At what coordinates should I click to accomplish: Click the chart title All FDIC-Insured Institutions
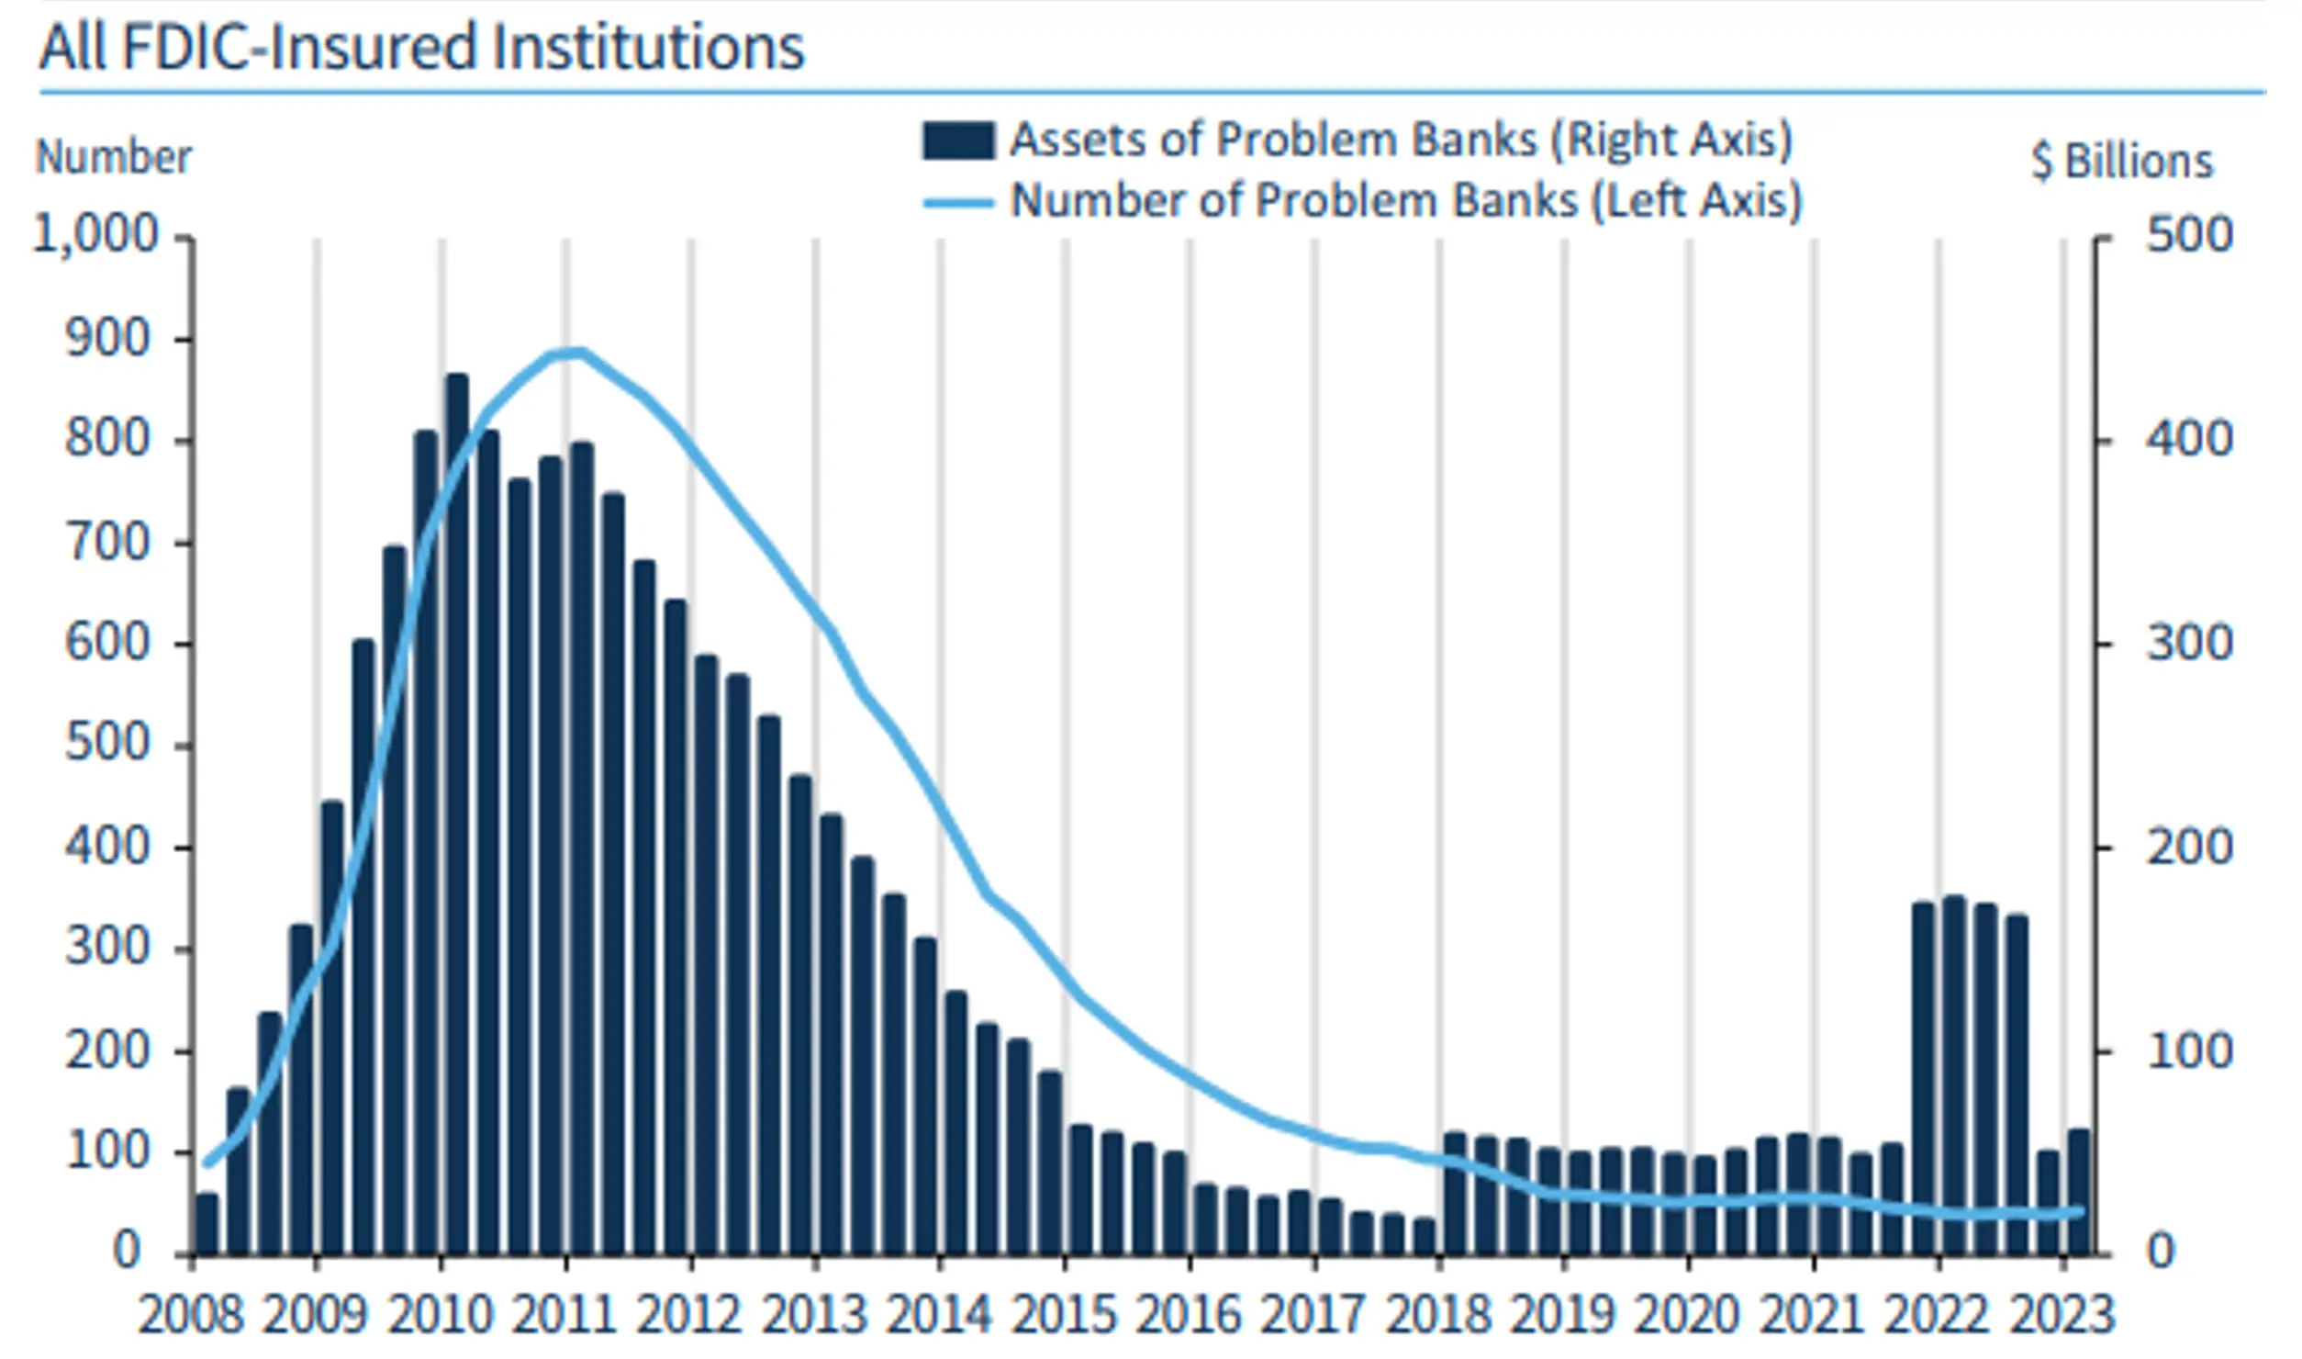click(421, 48)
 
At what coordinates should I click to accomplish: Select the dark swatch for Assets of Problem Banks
click(958, 141)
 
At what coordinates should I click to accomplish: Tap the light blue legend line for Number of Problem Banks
click(958, 202)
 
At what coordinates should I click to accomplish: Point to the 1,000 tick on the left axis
click(96, 236)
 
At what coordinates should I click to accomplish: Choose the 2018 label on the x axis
click(1438, 1316)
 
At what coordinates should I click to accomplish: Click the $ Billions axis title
click(2122, 163)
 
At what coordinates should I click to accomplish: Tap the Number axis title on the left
click(114, 158)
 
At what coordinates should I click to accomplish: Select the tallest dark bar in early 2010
click(457, 808)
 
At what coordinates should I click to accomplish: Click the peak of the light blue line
click(576, 351)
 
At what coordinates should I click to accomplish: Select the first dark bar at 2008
click(207, 1224)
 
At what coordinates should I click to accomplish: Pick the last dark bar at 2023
click(2078, 1192)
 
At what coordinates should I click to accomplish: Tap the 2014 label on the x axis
click(939, 1316)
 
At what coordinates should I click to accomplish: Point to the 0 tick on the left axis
click(127, 1252)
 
